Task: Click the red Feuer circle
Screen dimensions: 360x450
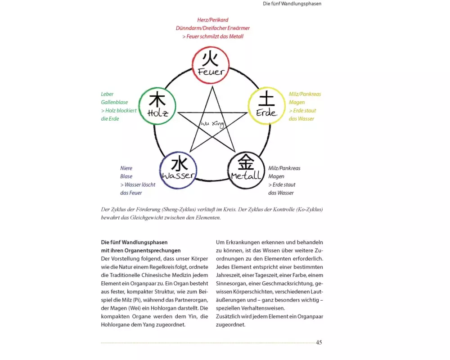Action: (x=211, y=65)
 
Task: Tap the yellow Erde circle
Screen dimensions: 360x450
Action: (x=267, y=106)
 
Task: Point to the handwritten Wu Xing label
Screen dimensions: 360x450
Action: (x=212, y=123)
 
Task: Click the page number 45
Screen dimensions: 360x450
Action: (x=319, y=342)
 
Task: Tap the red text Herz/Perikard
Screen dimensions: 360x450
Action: (x=213, y=20)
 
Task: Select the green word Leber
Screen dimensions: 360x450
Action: (x=107, y=94)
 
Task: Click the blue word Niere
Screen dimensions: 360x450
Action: (x=126, y=168)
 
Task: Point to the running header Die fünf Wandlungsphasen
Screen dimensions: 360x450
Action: (x=292, y=4)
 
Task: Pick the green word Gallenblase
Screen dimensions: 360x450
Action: (x=114, y=103)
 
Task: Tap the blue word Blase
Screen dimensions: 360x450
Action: (x=126, y=176)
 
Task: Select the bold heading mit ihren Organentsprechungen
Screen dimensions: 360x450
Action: (x=141, y=251)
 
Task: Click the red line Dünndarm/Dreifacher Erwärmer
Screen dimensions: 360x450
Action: (x=213, y=28)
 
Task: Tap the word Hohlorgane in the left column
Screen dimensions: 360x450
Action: (x=117, y=324)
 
